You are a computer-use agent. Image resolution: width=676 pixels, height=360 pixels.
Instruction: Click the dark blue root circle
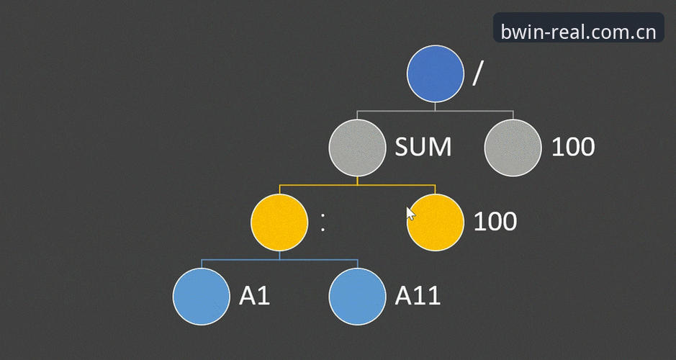[436, 73]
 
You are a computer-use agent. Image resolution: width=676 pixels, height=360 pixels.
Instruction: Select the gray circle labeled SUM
[357, 148]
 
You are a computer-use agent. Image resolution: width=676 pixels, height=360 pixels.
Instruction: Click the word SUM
[423, 147]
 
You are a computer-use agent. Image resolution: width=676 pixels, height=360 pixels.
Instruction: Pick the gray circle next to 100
[513, 148]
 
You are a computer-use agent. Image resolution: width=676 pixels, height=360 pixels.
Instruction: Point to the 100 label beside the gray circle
[573, 147]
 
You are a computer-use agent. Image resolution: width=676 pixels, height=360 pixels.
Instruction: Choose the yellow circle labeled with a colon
[279, 222]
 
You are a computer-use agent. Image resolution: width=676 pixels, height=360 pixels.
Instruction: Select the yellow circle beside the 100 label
[436, 222]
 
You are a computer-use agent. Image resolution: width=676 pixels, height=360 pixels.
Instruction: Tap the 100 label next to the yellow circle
[495, 222]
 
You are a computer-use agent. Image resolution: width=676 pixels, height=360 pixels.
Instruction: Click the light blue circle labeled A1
[202, 297]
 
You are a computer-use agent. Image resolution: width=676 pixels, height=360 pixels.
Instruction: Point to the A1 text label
[254, 296]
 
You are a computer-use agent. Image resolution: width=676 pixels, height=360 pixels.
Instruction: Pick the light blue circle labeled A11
[357, 297]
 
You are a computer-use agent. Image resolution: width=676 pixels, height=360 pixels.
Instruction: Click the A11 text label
[418, 296]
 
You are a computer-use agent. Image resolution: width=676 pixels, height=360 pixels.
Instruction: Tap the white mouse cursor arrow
[411, 213]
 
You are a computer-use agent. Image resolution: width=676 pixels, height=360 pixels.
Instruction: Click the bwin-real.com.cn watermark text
[578, 32]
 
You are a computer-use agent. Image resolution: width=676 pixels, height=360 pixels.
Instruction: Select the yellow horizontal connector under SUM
[357, 185]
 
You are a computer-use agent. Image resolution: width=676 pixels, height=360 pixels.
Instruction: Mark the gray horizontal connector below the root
[435, 111]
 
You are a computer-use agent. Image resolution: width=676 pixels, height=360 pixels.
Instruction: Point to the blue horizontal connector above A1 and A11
[279, 260]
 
